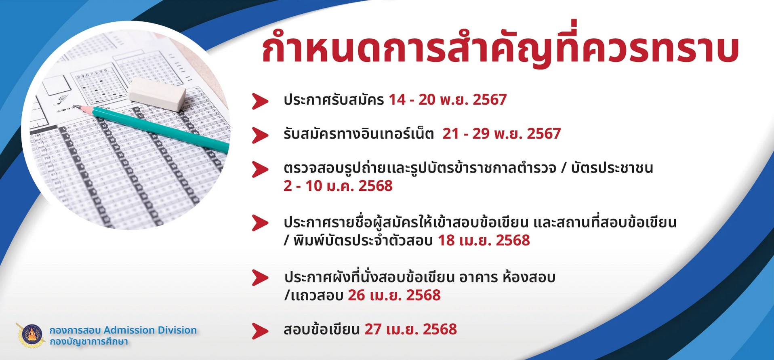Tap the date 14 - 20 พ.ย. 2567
coord(448,99)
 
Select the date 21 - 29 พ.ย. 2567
coord(501,133)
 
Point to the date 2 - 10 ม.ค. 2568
coord(338,186)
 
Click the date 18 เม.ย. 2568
coord(484,240)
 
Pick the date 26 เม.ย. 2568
coord(394,295)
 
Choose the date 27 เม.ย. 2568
coord(410,329)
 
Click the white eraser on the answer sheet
coord(157,95)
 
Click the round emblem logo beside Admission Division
coord(31,335)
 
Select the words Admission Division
coord(150,330)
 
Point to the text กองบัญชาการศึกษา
coord(89,342)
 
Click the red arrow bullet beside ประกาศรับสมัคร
coord(260,101)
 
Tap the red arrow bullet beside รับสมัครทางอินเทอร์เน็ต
coord(260,135)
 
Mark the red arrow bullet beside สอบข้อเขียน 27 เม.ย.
coord(260,331)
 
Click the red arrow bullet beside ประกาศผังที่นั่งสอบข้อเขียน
coord(260,278)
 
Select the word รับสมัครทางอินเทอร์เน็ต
coord(359,133)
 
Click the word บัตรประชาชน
coord(612,168)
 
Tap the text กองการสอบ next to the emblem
coord(75,330)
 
